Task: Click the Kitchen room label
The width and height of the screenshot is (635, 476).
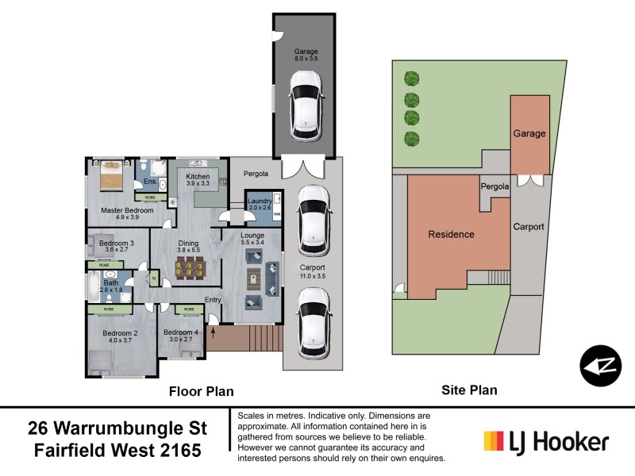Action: click(x=198, y=176)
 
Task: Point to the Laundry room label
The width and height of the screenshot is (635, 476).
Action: click(x=260, y=202)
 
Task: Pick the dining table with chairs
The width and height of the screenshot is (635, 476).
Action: click(x=188, y=271)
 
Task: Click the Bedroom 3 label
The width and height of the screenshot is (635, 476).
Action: click(x=116, y=243)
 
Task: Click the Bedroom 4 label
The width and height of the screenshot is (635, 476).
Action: click(x=181, y=332)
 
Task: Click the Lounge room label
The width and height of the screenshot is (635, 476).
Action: click(x=252, y=235)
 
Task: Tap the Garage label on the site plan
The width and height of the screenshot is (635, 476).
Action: click(x=529, y=133)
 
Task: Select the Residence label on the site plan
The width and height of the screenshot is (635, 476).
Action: click(x=451, y=234)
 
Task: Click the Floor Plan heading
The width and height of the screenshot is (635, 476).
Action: click(x=201, y=390)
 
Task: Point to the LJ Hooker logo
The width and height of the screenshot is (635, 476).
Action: click(x=546, y=442)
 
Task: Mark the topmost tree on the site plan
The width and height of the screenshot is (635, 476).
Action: click(x=411, y=78)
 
